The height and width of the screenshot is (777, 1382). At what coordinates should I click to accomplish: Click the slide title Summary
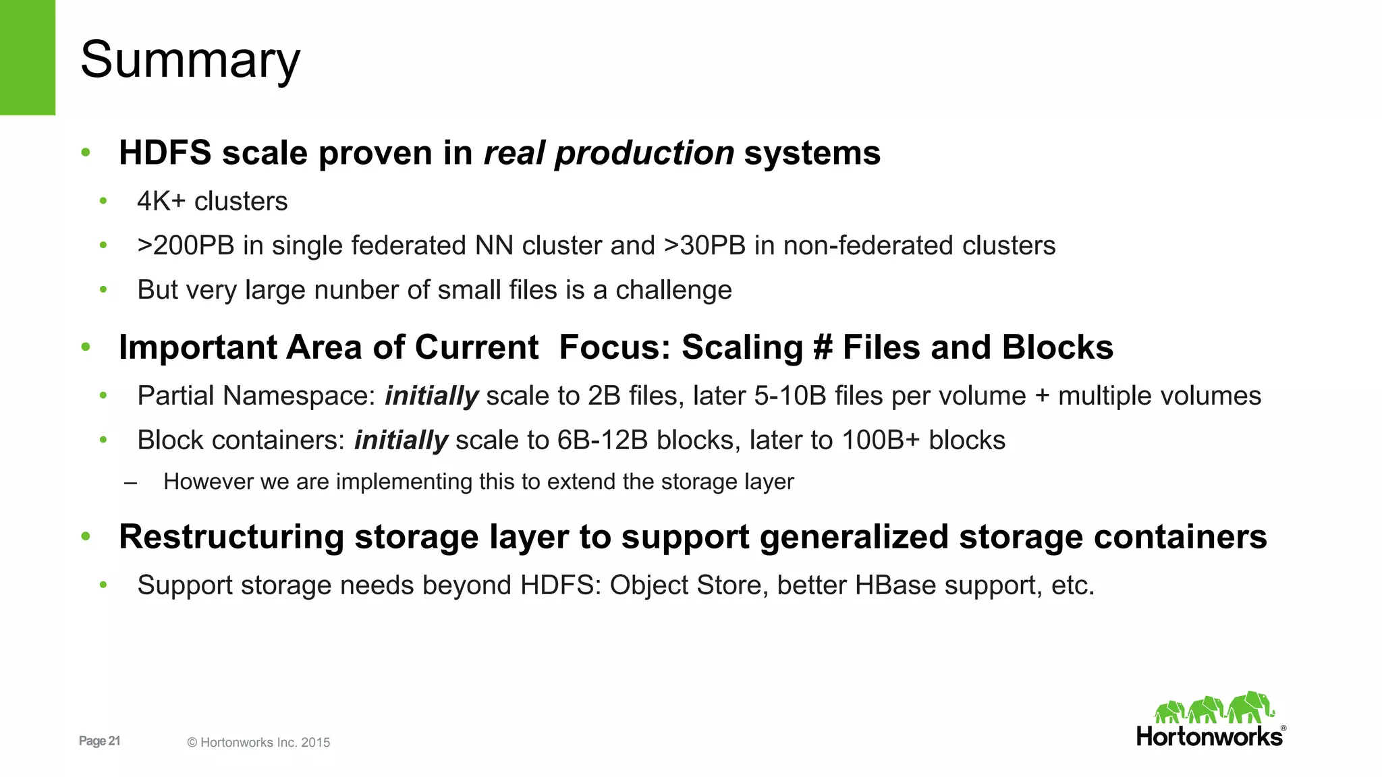coord(190,61)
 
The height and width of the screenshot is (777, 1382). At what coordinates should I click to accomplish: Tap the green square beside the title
coord(28,57)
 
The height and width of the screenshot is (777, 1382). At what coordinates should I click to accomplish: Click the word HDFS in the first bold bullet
coord(165,153)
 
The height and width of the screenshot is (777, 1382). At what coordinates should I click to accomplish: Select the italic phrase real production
coord(609,153)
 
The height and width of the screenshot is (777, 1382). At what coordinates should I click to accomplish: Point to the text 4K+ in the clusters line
coord(161,202)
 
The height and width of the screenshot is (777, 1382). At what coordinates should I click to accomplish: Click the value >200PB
coord(186,246)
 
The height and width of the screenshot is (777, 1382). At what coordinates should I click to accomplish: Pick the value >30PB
coord(705,246)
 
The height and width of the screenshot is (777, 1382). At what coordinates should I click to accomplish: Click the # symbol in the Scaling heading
coord(823,348)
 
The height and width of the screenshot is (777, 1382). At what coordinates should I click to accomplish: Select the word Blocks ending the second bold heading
coord(1057,348)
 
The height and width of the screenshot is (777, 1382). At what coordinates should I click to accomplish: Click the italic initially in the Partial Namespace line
coord(432,397)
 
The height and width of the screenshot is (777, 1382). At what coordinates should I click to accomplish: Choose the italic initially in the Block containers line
coord(401,441)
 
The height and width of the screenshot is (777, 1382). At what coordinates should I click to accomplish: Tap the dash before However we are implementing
coord(131,483)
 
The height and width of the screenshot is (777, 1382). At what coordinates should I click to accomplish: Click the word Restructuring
coord(231,538)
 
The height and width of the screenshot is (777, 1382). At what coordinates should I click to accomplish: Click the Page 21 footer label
coord(99,741)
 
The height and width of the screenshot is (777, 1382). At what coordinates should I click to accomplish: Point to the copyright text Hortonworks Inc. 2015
coord(265,743)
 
